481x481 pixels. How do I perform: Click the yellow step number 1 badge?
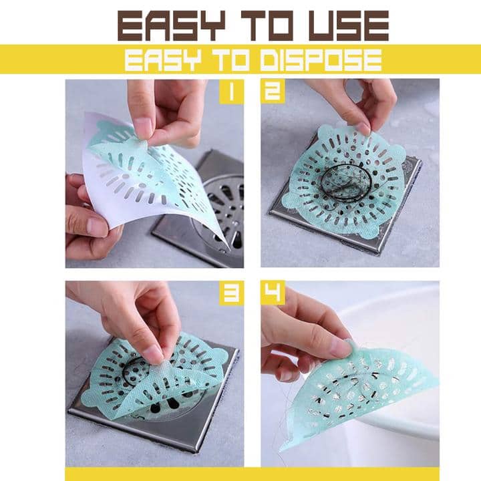click(232, 92)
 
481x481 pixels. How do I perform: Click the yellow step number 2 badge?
click(273, 92)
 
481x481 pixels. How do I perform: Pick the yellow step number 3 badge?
click(232, 293)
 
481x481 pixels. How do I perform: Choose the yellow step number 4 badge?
click(273, 293)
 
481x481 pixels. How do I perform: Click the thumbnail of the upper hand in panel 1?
click(143, 127)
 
